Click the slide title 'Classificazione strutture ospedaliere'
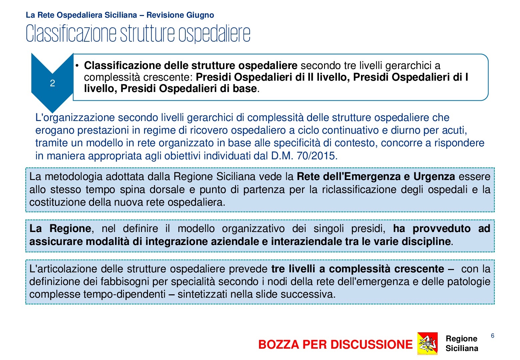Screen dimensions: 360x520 pos(138,33)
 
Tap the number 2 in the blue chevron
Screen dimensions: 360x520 pos(52,83)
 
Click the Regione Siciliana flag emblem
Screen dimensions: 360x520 pos(427,343)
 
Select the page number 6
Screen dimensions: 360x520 pos(492,336)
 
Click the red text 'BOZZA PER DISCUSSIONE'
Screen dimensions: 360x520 pos(335,344)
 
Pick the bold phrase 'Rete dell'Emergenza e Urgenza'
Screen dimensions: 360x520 pos(376,176)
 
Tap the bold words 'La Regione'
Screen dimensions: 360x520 pos(60,228)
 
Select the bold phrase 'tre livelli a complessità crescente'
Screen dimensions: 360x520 pos(358,269)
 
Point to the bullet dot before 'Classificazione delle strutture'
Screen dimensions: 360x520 pos(77,66)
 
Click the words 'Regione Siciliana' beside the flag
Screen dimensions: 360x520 pos(462,343)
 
